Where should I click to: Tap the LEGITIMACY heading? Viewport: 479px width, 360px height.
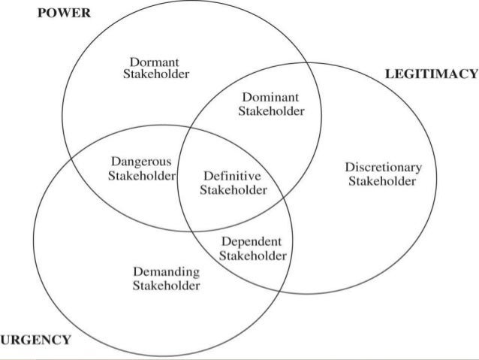(431, 74)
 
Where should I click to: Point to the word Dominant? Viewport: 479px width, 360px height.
(271, 98)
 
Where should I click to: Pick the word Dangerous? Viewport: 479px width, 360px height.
(141, 163)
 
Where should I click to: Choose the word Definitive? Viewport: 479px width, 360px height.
(232, 177)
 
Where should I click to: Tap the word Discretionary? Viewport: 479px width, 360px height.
(383, 167)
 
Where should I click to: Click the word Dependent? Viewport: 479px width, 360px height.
(252, 241)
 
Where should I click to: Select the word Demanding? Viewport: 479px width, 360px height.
(166, 271)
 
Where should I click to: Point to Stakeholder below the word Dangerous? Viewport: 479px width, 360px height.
(142, 177)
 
